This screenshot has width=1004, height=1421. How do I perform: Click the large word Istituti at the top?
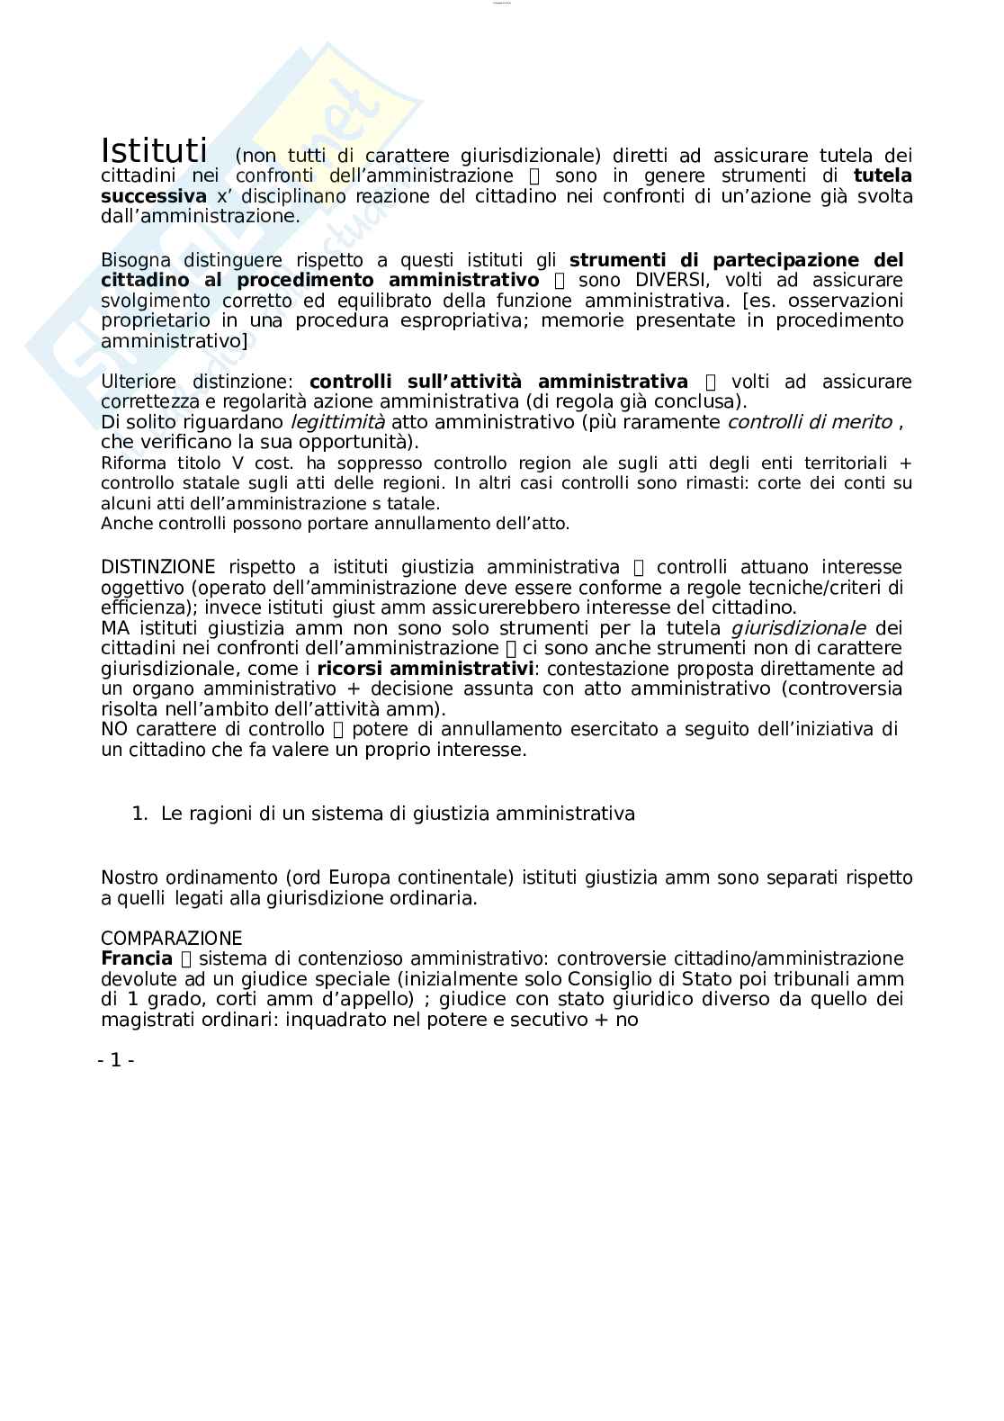pyautogui.click(x=154, y=150)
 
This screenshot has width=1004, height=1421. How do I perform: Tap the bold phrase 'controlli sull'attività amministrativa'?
pyautogui.click(x=498, y=382)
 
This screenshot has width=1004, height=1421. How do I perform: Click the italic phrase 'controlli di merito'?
pyautogui.click(x=810, y=422)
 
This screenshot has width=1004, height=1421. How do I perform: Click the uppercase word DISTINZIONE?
pyautogui.click(x=158, y=567)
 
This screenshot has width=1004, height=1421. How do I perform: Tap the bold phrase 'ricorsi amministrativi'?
pyautogui.click(x=426, y=669)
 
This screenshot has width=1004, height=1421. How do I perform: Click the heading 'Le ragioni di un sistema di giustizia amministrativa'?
pyautogui.click(x=398, y=814)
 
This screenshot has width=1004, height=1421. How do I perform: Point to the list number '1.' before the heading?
pyautogui.click(x=139, y=814)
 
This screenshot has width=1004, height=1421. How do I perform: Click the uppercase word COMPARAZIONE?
pyautogui.click(x=171, y=939)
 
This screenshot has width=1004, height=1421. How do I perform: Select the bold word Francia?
pyautogui.click(x=137, y=958)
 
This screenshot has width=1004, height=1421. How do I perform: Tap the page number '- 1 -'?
pyautogui.click(x=116, y=1060)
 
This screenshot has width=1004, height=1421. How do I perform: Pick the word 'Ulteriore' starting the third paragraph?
pyautogui.click(x=139, y=382)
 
